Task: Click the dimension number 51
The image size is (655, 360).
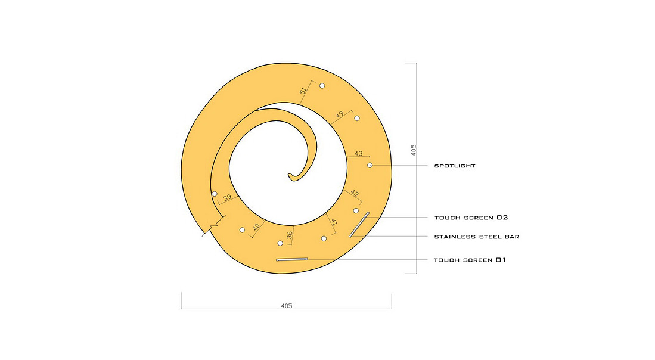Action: click(x=303, y=91)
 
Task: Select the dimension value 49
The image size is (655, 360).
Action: click(x=340, y=114)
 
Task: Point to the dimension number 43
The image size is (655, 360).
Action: click(x=358, y=153)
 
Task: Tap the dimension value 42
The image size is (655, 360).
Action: click(x=355, y=193)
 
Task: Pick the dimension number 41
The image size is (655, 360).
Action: click(x=334, y=222)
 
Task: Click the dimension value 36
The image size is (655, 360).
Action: click(x=290, y=235)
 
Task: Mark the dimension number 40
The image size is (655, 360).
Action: click(x=256, y=226)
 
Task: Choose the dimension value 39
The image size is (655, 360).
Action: click(x=227, y=197)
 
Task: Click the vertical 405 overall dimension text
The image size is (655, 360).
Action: click(x=414, y=150)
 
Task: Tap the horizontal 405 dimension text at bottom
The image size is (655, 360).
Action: click(x=287, y=306)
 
